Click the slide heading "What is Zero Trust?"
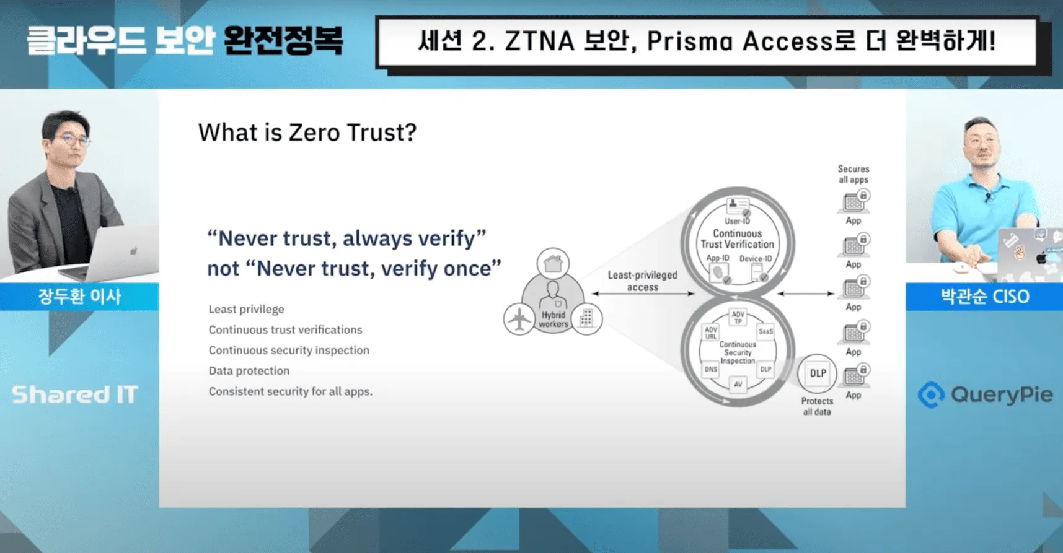pyautogui.click(x=307, y=133)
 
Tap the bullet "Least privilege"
pyautogui.click(x=246, y=309)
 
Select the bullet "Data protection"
pyautogui.click(x=249, y=370)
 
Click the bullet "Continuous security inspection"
pyautogui.click(x=289, y=350)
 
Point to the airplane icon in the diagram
pyautogui.click(x=518, y=319)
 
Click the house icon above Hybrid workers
pyautogui.click(x=553, y=264)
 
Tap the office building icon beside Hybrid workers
pyautogui.click(x=586, y=318)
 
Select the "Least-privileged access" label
pyautogui.click(x=642, y=281)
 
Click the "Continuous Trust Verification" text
pyautogui.click(x=737, y=239)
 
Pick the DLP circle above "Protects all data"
pyautogui.click(x=817, y=373)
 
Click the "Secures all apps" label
pyautogui.click(x=853, y=174)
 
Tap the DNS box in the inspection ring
pyautogui.click(x=710, y=369)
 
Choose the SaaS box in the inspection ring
pyautogui.click(x=765, y=331)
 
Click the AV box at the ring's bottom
pyautogui.click(x=738, y=385)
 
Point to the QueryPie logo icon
pyautogui.click(x=931, y=394)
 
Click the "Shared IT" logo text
pyautogui.click(x=74, y=394)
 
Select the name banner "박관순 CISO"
pyautogui.click(x=984, y=297)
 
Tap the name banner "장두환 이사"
pyautogui.click(x=79, y=297)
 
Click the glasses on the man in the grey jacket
pyautogui.click(x=71, y=140)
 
